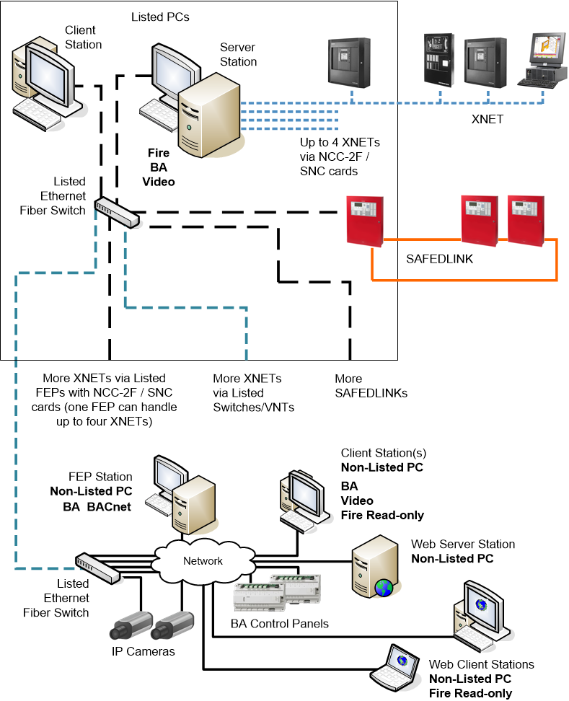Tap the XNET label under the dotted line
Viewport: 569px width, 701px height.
(487, 119)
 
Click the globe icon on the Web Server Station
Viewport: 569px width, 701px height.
(383, 588)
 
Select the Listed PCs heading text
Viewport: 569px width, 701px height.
(160, 16)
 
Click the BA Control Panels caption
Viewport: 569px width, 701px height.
(280, 623)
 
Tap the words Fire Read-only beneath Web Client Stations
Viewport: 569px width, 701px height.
(470, 694)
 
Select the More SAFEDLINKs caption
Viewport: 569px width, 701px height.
(371, 386)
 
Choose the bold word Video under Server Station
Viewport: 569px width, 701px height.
(159, 182)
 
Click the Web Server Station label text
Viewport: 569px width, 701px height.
(463, 544)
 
